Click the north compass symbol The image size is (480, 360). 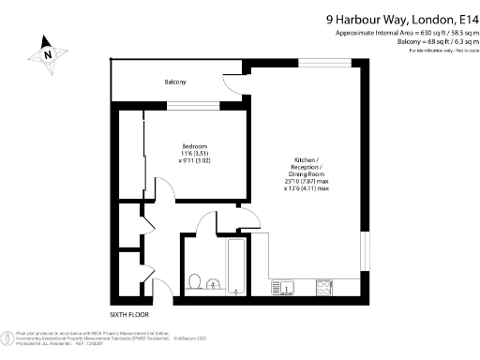coord(47,53)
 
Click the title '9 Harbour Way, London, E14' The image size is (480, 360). coord(402,18)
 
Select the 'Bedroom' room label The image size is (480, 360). coord(195,146)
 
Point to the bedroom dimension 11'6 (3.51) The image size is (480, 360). coord(195,154)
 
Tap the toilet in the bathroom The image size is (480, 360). coord(194,280)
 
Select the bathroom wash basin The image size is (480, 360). coord(214,282)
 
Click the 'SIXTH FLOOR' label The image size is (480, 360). coord(129,313)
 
